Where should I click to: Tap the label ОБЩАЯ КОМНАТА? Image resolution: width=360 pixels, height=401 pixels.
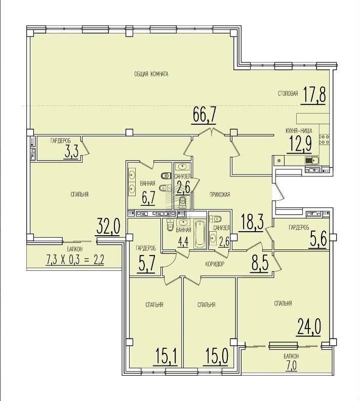pyautogui.click(x=151, y=74)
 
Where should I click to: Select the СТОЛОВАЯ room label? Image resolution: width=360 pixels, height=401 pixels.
pyautogui.click(x=288, y=94)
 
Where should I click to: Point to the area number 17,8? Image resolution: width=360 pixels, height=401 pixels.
pyautogui.click(x=314, y=95)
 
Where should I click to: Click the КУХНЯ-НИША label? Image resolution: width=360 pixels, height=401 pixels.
pyautogui.click(x=299, y=131)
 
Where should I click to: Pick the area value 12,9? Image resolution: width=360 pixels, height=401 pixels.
pyautogui.click(x=300, y=144)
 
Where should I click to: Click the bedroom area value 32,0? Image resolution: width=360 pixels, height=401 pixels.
pyautogui.click(x=108, y=226)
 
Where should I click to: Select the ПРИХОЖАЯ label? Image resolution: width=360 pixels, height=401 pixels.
pyautogui.click(x=220, y=195)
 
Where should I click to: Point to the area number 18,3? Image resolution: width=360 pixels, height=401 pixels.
pyautogui.click(x=252, y=223)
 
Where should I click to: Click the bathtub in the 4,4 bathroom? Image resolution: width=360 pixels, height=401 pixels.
pyautogui.click(x=200, y=234)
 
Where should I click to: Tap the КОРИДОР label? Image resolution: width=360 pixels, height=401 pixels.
pyautogui.click(x=215, y=264)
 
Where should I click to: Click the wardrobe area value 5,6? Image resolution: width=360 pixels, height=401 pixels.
pyautogui.click(x=318, y=239)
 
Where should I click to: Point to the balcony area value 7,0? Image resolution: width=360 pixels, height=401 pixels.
pyautogui.click(x=291, y=366)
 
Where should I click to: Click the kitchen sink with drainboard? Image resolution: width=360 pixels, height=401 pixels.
pyautogui.click(x=311, y=160)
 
